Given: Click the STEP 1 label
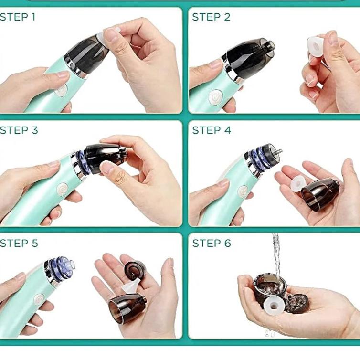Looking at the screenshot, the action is pyautogui.click(x=18, y=17).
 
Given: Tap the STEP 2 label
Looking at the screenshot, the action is pyautogui.click(x=211, y=17).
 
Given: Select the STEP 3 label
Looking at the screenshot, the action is pyautogui.click(x=19, y=130).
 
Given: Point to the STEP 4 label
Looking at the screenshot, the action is pyautogui.click(x=212, y=130).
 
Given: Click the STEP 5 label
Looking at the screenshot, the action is pyautogui.click(x=19, y=243).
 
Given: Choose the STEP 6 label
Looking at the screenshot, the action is pyautogui.click(x=212, y=243).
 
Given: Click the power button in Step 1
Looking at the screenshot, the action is pyautogui.click(x=61, y=90).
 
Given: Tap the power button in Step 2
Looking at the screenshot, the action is pyautogui.click(x=216, y=97).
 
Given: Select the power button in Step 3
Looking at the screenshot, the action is pyautogui.click(x=62, y=189).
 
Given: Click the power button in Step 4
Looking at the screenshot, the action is pyautogui.click(x=243, y=191).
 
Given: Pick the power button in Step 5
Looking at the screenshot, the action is pyautogui.click(x=39, y=300).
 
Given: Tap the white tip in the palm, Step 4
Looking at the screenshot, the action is pyautogui.click(x=298, y=184).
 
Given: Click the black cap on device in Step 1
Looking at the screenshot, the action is pyautogui.click(x=85, y=55).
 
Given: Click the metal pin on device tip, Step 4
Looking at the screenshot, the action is pyautogui.click(x=278, y=151).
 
